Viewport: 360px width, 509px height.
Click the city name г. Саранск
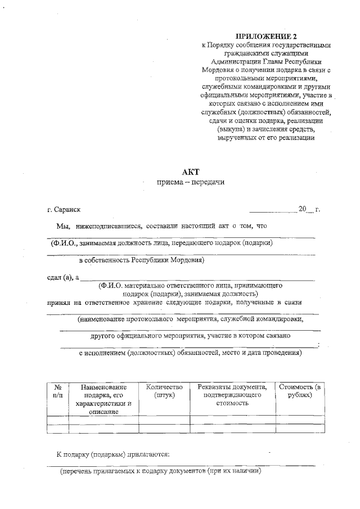click(x=64, y=210)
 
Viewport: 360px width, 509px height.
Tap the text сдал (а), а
click(x=63, y=277)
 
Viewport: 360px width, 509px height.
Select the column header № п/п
click(x=57, y=391)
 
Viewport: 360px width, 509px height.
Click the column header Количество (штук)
click(x=164, y=391)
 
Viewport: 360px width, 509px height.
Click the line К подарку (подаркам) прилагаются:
click(x=113, y=453)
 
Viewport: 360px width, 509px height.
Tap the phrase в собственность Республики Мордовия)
click(x=141, y=260)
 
